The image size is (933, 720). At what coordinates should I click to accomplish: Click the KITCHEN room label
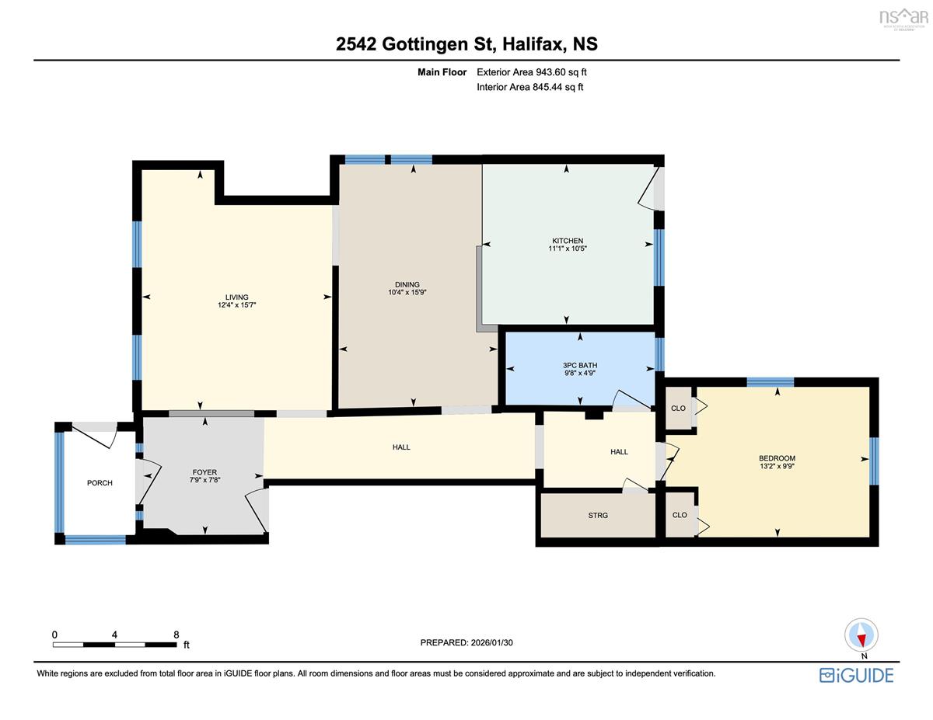tap(567, 241)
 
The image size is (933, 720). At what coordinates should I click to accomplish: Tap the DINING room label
tap(407, 284)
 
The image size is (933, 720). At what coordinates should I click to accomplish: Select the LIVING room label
tap(236, 297)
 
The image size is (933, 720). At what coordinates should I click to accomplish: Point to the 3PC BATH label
tap(580, 365)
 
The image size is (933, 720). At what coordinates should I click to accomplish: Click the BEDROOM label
tap(777, 457)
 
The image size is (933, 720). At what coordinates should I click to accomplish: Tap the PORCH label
tap(100, 482)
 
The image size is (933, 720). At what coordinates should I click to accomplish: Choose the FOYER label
tap(204, 471)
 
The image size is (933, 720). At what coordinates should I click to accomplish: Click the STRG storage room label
tap(598, 515)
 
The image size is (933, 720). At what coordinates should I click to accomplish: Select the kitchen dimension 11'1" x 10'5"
tap(567, 249)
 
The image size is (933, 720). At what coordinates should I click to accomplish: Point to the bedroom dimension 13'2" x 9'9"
tap(777, 466)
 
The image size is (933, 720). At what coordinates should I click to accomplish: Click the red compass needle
tap(861, 641)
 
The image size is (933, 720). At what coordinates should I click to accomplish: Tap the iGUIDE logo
tap(856, 675)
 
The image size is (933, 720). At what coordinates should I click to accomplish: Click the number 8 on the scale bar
tap(176, 635)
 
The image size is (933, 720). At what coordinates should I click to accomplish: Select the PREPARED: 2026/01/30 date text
tap(466, 642)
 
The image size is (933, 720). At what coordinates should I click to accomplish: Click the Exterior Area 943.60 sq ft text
tap(532, 72)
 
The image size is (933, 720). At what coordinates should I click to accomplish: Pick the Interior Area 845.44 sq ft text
tap(529, 87)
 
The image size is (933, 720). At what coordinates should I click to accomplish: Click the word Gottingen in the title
tap(437, 44)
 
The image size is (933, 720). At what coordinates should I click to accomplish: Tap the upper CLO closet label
tap(678, 408)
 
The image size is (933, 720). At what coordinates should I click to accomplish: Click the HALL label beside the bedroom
tap(619, 451)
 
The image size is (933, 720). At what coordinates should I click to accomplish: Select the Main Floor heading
tap(442, 72)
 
